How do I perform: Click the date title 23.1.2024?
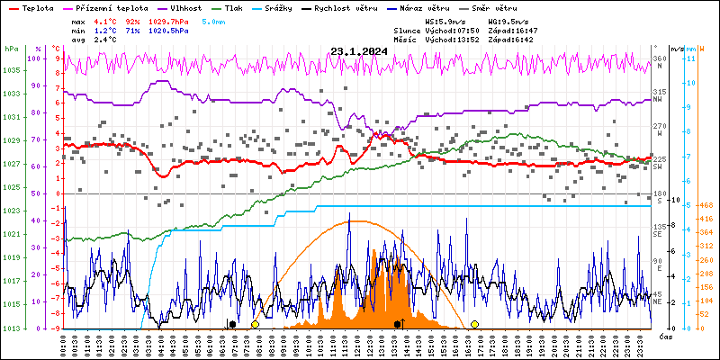[358, 51]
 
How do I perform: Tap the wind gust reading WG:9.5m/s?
[508, 19]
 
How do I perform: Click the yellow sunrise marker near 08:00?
[255, 324]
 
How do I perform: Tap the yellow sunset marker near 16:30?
[474, 324]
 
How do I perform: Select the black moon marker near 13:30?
[397, 324]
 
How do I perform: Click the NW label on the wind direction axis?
[658, 100]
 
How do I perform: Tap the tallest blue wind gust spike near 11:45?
[349, 213]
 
